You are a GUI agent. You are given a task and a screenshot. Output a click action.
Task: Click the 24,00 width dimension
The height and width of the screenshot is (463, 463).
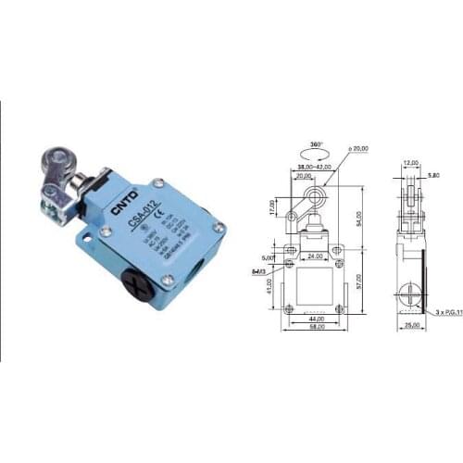(315, 257)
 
